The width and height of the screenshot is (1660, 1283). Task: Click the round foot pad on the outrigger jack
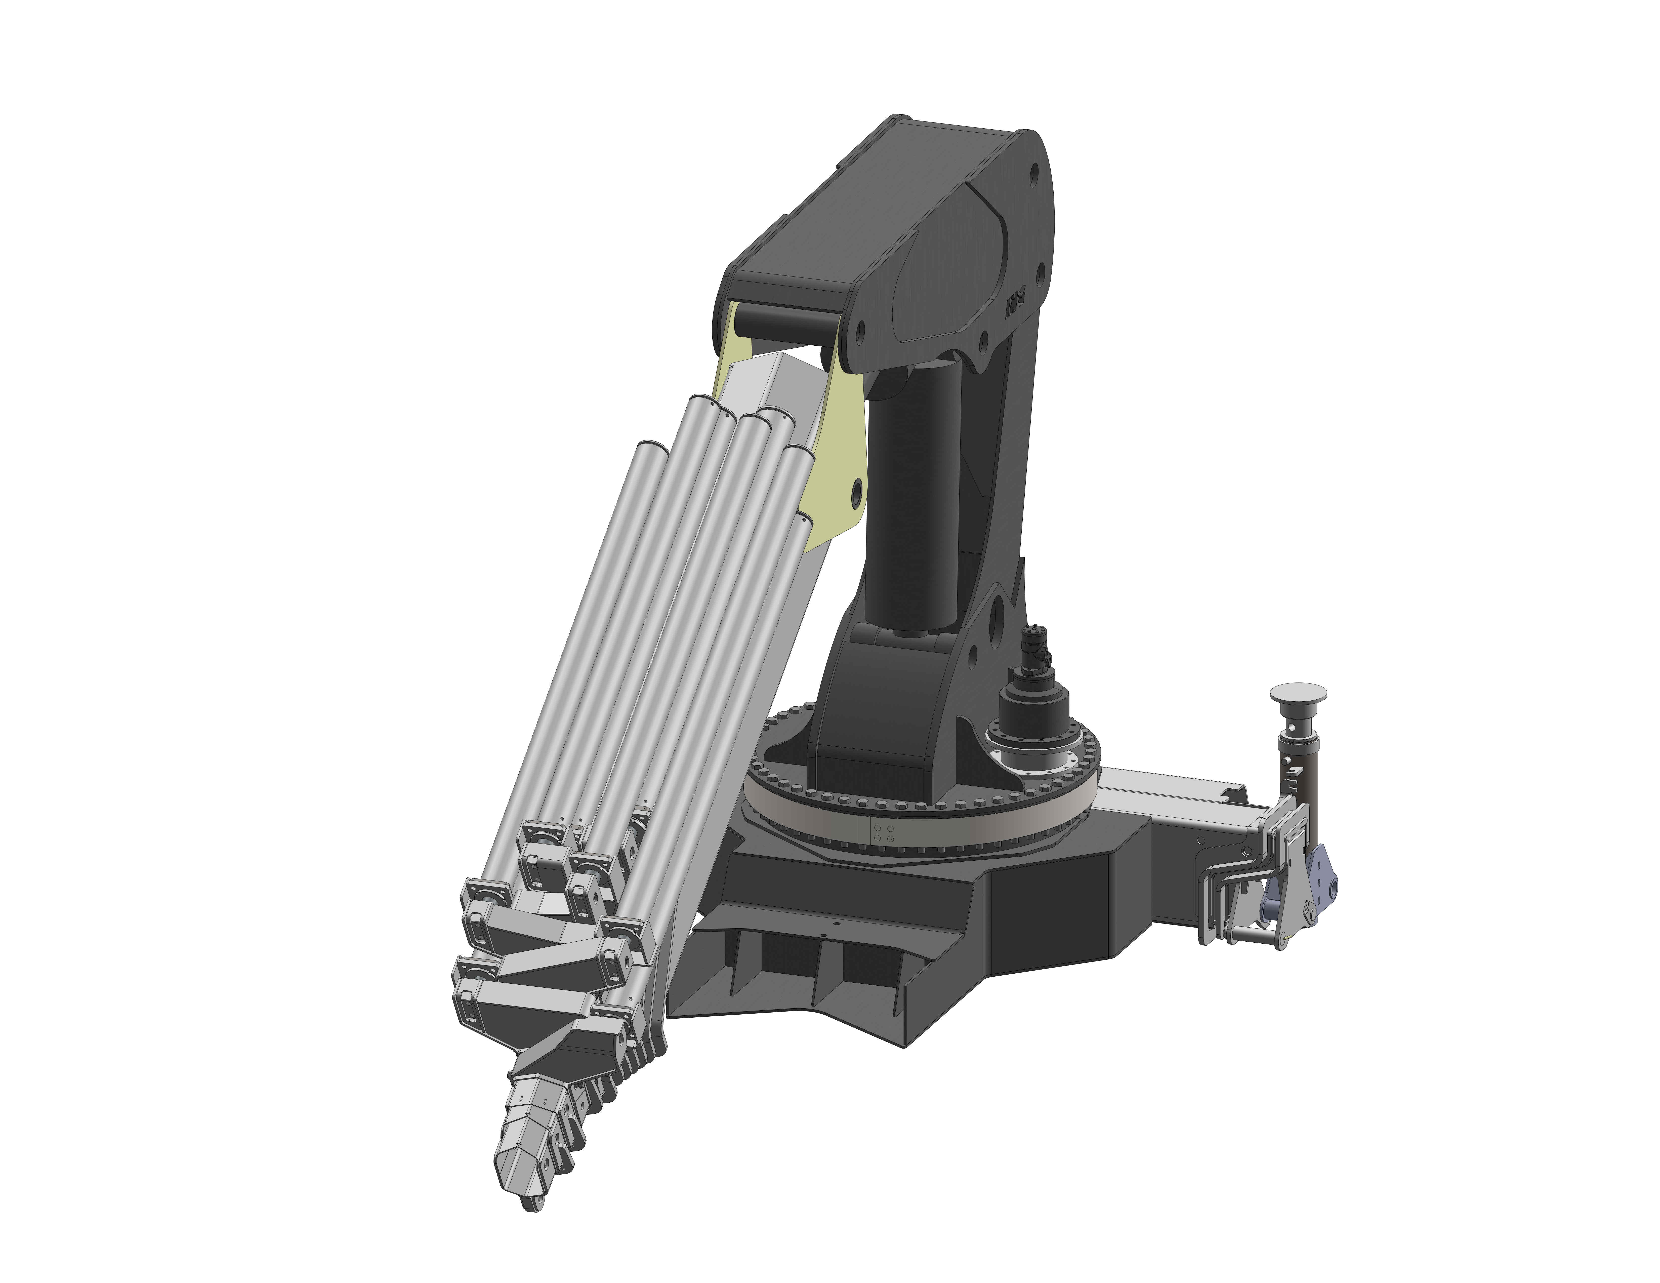pyautogui.click(x=1298, y=692)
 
